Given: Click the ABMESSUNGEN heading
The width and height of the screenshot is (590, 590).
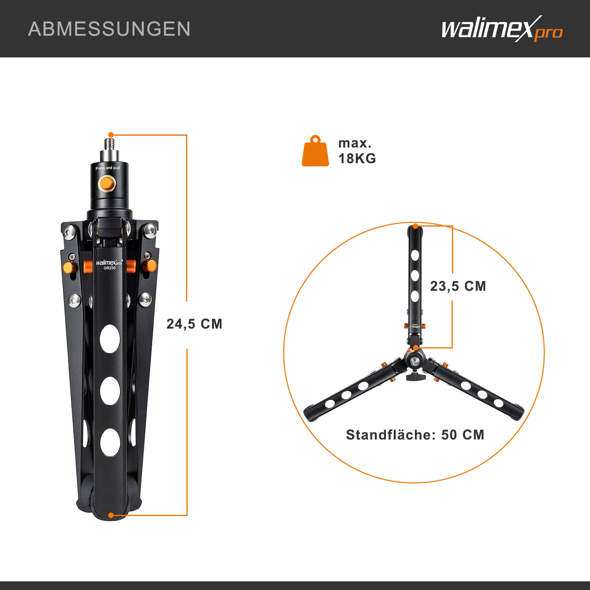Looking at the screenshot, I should (109, 29).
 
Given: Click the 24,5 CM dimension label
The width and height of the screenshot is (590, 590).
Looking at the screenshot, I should (194, 324).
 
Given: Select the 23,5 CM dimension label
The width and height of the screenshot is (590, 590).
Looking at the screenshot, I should (458, 286).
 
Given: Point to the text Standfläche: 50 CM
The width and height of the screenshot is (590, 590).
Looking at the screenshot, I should (415, 435).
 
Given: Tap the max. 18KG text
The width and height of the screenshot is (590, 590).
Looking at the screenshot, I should (357, 151).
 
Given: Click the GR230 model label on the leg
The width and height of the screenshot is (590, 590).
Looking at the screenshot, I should (109, 268).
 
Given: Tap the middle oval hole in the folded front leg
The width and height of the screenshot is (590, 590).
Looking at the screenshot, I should (110, 391).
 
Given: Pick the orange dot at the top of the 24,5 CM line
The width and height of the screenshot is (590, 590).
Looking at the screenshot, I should (111, 135).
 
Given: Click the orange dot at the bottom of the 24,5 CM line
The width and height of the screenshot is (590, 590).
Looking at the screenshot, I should (111, 515).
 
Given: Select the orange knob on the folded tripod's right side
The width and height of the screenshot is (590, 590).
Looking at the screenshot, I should (149, 266).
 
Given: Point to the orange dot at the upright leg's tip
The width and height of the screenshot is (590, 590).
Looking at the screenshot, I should (415, 227).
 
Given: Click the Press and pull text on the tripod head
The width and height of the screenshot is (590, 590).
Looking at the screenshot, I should (107, 168).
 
